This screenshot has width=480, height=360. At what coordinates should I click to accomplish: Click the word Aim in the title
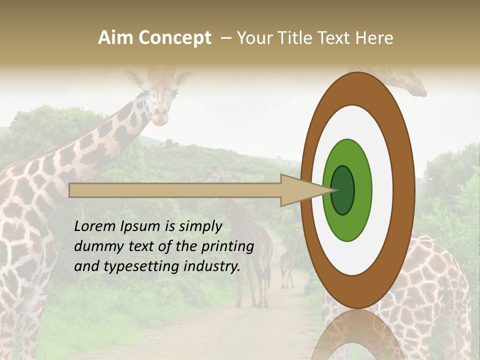click(116, 38)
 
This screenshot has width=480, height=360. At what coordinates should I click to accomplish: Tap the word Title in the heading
click(296, 38)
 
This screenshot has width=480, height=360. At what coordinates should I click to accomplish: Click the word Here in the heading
click(374, 38)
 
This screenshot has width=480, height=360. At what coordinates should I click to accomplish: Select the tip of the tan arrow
click(332, 190)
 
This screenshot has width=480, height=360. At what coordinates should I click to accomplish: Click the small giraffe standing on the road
click(287, 265)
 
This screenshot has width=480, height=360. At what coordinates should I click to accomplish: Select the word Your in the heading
click(253, 38)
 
